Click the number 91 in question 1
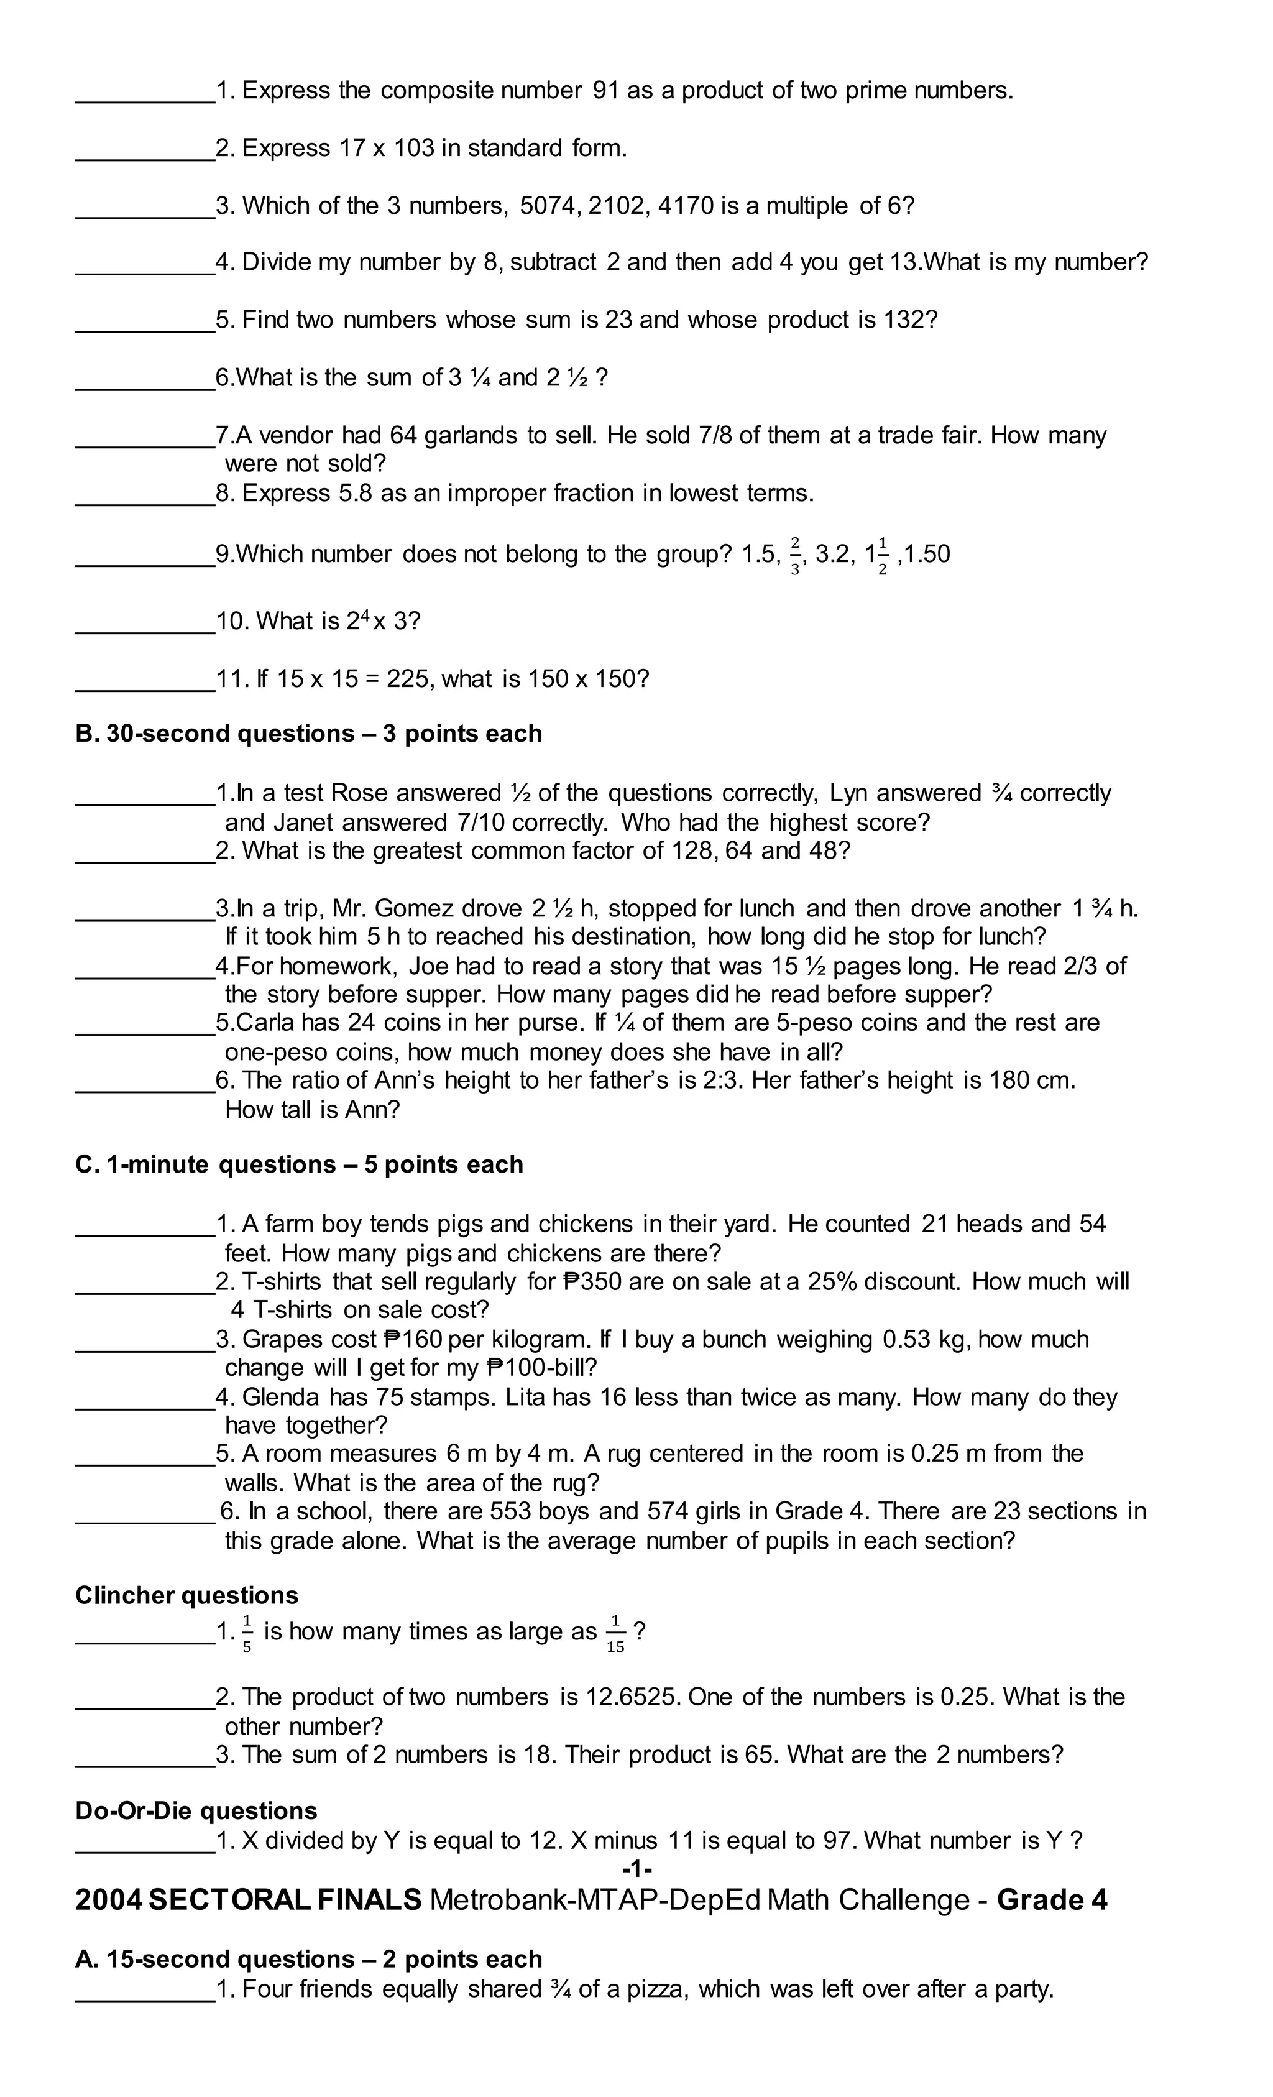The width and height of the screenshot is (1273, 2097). click(605, 90)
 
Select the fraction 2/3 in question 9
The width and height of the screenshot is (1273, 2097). click(795, 555)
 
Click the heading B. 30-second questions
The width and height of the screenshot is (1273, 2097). click(308, 734)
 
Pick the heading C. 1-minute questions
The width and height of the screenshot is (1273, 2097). click(299, 1164)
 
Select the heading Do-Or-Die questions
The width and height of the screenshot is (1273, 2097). click(196, 1810)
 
